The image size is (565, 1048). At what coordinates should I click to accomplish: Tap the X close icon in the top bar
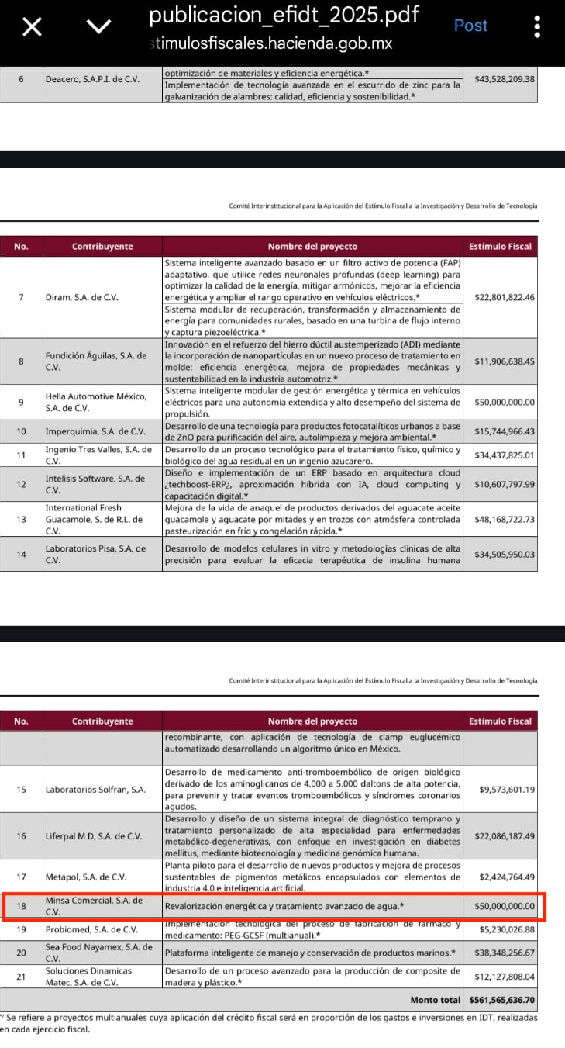coord(31,27)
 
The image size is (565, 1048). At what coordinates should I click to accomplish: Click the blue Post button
coord(470,26)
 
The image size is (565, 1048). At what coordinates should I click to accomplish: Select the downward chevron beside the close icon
coord(98,27)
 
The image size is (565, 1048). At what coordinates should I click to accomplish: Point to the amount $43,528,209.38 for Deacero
coord(505,79)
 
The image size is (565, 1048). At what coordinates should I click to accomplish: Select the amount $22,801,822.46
coord(505,297)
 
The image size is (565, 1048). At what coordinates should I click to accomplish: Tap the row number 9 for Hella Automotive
coord(21,402)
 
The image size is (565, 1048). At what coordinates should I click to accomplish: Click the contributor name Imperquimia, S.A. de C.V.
coord(95,431)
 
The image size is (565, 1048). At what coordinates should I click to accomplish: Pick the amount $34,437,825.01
coord(505,455)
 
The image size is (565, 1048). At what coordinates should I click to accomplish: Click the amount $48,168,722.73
coord(505,519)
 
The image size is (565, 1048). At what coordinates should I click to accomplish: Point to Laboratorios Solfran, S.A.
coord(95,790)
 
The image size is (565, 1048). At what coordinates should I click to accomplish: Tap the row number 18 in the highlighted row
coord(21,905)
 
